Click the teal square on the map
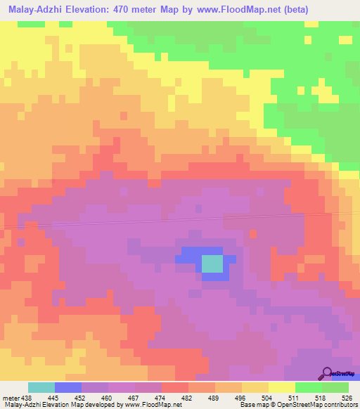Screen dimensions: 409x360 coord(212,264)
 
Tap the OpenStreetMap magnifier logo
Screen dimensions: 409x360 coord(327,373)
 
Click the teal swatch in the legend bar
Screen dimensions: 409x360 coord(41,387)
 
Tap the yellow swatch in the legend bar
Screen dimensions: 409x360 coord(282,387)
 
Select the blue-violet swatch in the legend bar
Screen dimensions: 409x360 coord(68,387)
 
